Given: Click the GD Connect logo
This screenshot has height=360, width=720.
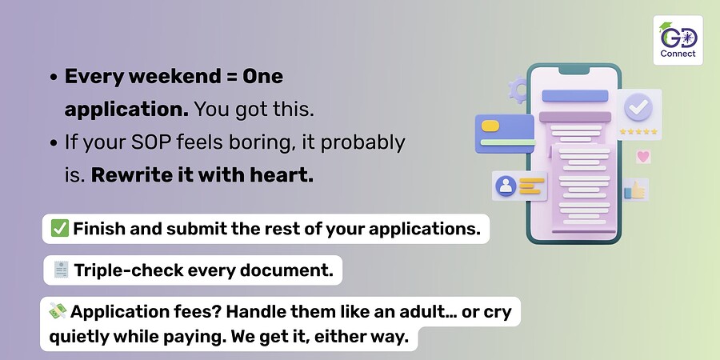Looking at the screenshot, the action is click(x=678, y=41).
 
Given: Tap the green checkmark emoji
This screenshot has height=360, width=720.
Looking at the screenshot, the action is click(x=60, y=228).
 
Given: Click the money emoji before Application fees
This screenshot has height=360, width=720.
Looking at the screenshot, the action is click(x=58, y=311).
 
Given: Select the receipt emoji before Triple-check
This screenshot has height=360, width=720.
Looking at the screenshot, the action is click(x=61, y=270).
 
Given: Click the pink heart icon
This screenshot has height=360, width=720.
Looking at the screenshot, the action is click(x=643, y=157).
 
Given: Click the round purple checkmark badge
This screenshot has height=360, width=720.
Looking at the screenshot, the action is click(x=638, y=108).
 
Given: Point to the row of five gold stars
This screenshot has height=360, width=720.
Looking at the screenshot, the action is click(x=638, y=132).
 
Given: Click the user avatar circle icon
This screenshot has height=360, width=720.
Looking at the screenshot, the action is click(x=506, y=186).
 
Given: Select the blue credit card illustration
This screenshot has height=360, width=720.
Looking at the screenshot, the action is click(x=505, y=134).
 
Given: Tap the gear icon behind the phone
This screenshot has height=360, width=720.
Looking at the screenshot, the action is click(x=518, y=90).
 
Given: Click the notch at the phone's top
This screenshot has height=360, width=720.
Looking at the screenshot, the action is click(x=574, y=70).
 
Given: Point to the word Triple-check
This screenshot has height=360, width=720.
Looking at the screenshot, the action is click(x=128, y=270).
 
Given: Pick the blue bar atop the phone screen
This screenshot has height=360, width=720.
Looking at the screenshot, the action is click(x=575, y=95).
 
